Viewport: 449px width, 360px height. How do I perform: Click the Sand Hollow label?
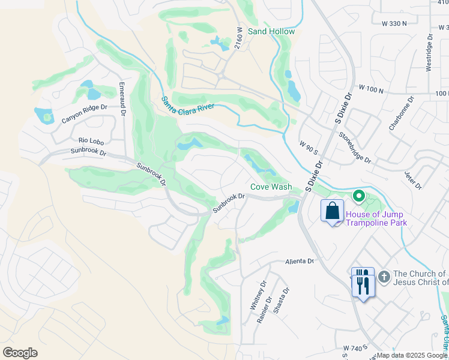[x=271, y=31]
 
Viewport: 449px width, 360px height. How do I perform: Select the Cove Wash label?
[x=271, y=187]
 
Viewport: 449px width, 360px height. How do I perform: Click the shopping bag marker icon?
[x=332, y=211]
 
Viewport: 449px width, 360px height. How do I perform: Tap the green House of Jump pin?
[x=359, y=196]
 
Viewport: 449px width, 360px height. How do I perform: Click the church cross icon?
[x=384, y=277]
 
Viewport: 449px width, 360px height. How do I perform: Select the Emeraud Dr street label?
[x=122, y=98]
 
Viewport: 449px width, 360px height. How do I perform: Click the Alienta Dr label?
[x=300, y=261]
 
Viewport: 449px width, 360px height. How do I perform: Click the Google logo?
[x=20, y=353]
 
